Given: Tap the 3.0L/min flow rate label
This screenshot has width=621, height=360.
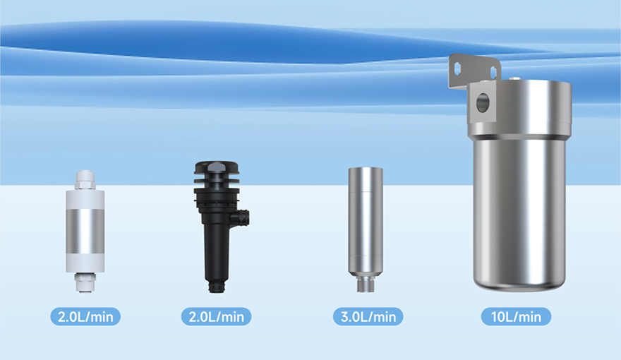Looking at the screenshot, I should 368,316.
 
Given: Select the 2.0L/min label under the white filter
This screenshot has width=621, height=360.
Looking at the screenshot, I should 85,316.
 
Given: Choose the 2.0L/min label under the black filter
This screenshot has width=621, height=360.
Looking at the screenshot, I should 216,316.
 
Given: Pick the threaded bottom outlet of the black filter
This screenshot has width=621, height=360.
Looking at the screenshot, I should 215,287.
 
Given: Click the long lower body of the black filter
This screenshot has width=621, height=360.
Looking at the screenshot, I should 215,247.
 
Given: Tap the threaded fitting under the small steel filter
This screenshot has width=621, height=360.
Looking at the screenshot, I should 365,285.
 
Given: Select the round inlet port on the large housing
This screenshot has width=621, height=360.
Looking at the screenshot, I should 483,103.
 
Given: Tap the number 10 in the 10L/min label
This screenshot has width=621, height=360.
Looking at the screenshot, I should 495,316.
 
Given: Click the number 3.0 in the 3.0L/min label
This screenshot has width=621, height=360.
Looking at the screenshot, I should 350,316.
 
